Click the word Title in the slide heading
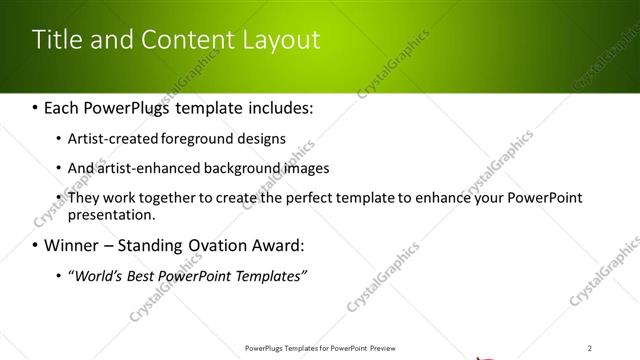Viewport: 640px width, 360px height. [55, 40]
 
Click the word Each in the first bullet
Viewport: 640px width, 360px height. [64, 106]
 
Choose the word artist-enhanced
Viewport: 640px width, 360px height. [147, 168]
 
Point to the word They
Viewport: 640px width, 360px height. [84, 198]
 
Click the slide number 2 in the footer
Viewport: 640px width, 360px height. [590, 348]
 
